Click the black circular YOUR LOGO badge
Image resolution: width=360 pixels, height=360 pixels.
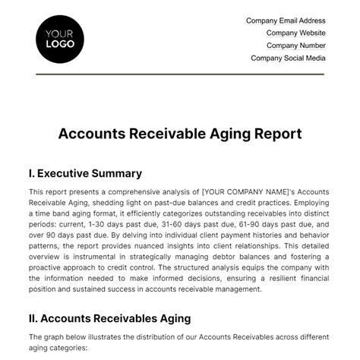60,38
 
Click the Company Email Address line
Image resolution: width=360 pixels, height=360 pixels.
286,21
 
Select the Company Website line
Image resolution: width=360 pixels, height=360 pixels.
296,33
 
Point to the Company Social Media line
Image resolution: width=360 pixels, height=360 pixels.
289,58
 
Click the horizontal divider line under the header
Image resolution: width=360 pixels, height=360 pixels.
180,74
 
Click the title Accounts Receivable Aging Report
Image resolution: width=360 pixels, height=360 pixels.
180,134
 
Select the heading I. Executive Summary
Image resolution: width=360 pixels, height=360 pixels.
85,173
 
